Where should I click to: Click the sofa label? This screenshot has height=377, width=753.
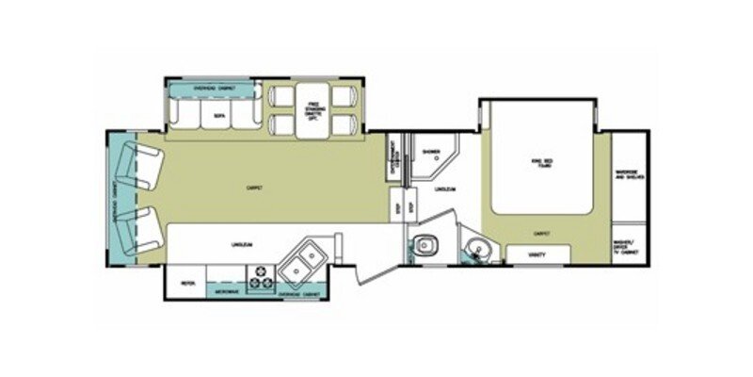click(x=217, y=116)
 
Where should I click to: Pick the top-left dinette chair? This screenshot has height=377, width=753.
click(x=280, y=94)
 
